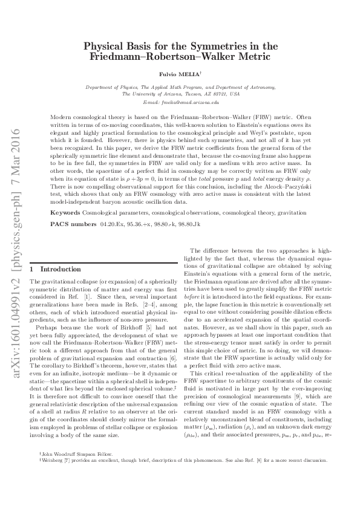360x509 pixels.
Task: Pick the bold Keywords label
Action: [x=65, y=213]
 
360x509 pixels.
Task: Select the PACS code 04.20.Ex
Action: [x=113, y=224]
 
